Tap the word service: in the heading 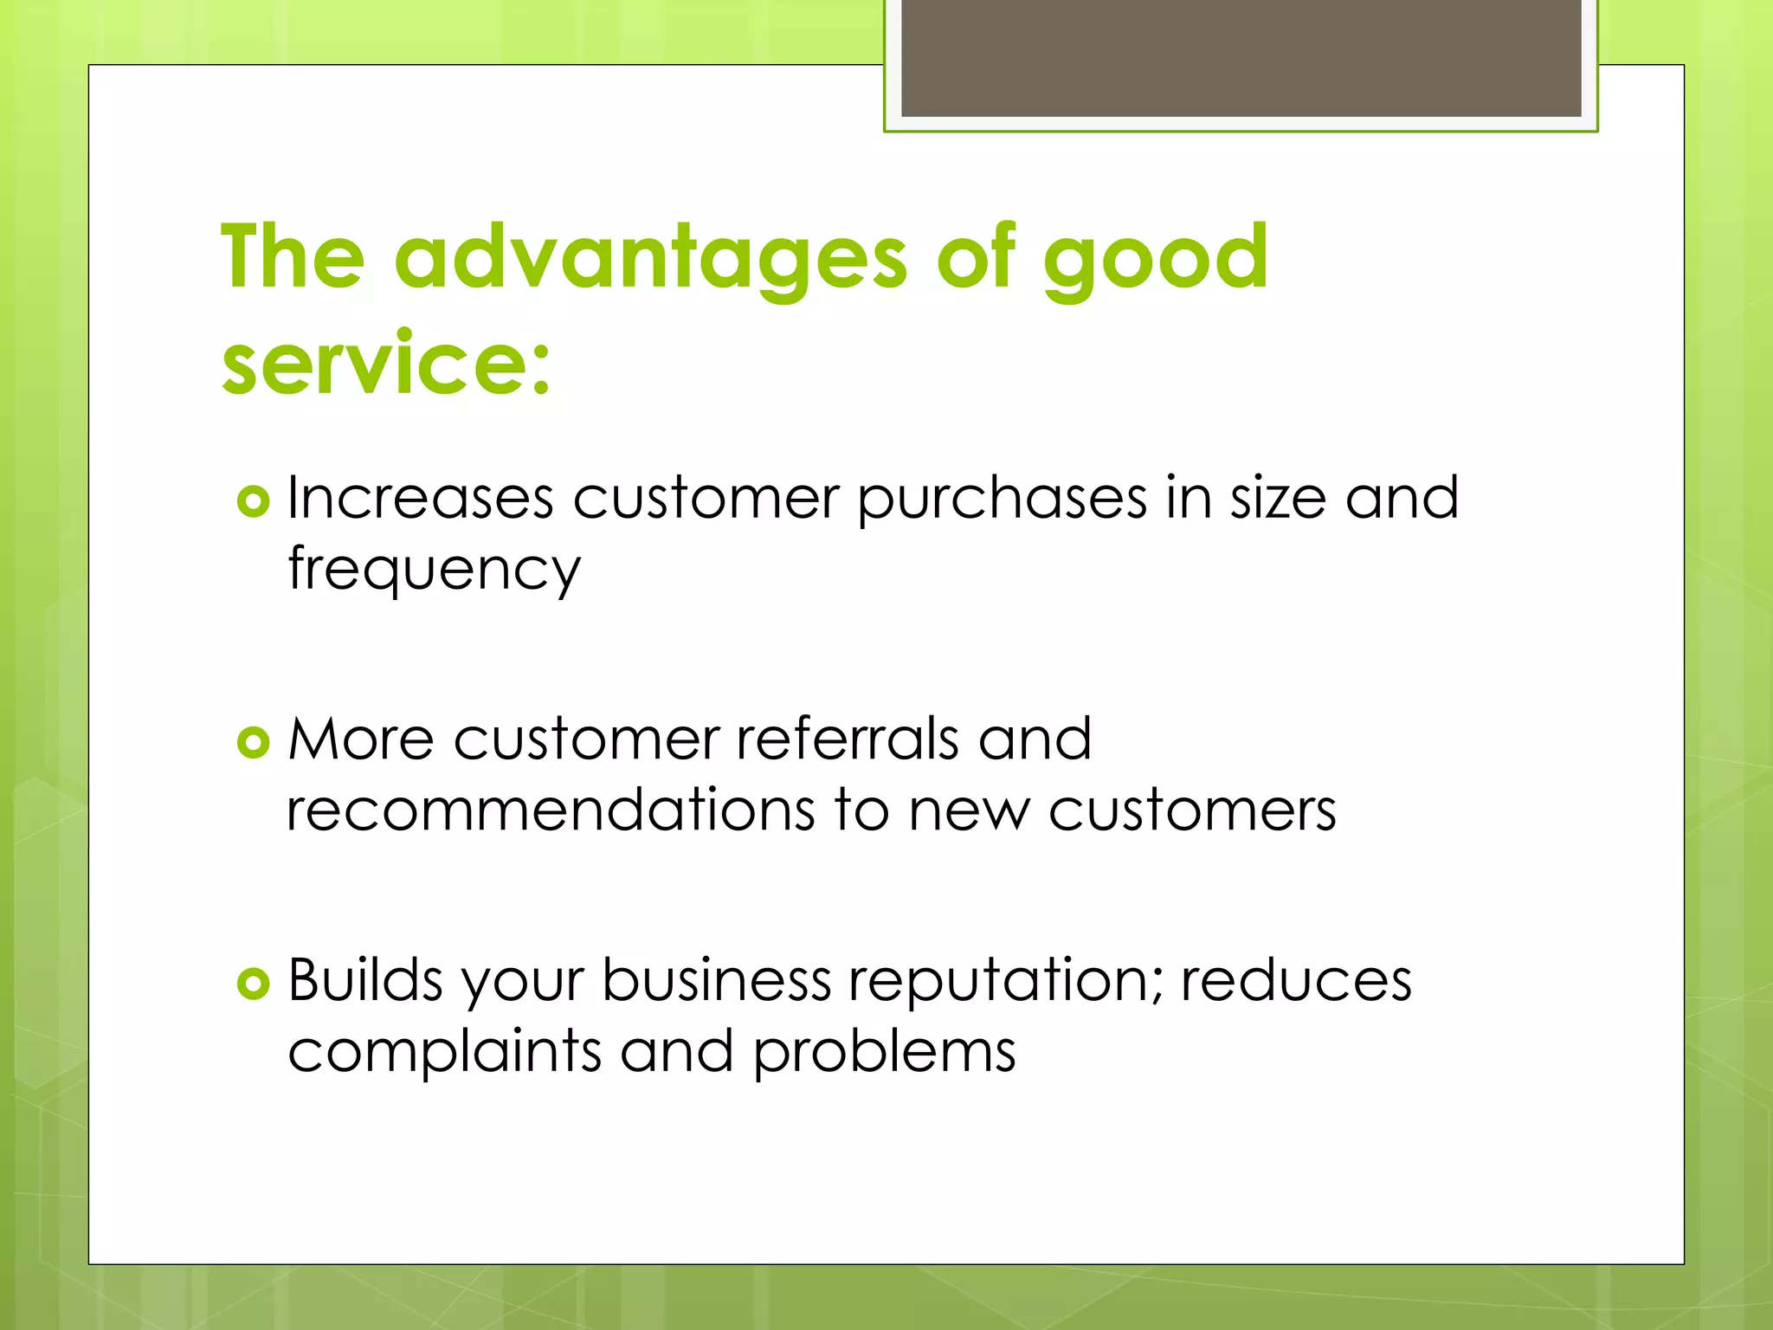pyautogui.click(x=386, y=364)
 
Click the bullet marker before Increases pyautogui.click(x=253, y=501)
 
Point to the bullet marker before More pyautogui.click(x=253, y=742)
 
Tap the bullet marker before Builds pyautogui.click(x=253, y=983)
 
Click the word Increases pyautogui.click(x=420, y=499)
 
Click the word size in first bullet pyautogui.click(x=1278, y=499)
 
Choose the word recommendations pyautogui.click(x=551, y=810)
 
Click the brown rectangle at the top pyautogui.click(x=1241, y=57)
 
